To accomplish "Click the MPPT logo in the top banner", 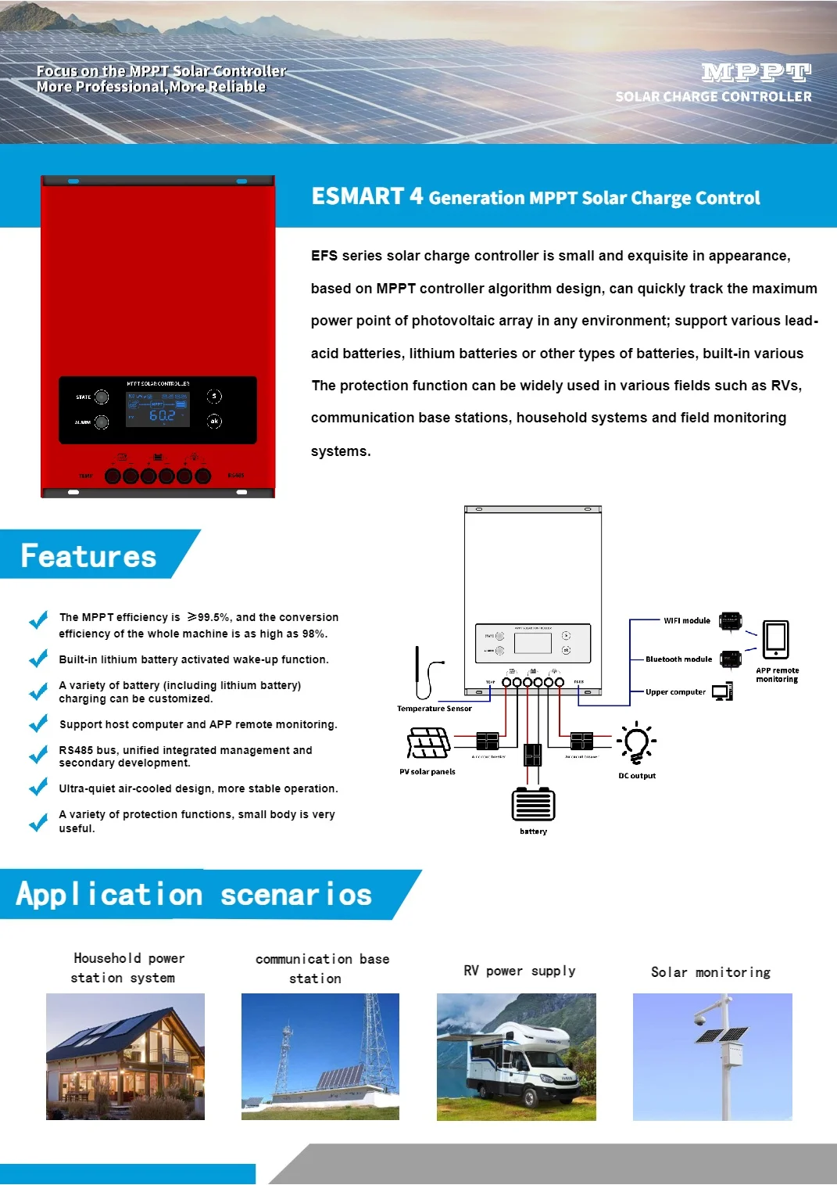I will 756,74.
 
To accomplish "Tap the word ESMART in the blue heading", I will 357,196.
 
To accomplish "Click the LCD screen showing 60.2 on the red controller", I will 158,409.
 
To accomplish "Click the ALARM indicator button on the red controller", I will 102,422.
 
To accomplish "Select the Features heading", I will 88,556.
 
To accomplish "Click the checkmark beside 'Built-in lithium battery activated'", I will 38,659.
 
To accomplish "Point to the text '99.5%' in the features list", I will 214,617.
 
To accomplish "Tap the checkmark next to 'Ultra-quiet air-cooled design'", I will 38,788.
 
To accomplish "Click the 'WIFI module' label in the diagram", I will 686,621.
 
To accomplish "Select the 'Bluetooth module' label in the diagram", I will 678,659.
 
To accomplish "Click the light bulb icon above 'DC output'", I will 636,743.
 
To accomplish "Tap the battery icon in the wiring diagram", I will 533,805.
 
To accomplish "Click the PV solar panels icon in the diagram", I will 428,743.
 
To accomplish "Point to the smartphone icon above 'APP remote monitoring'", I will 775,639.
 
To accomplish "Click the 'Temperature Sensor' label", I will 434,709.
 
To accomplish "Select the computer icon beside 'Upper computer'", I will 722,691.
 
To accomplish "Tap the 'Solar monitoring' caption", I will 710,972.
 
